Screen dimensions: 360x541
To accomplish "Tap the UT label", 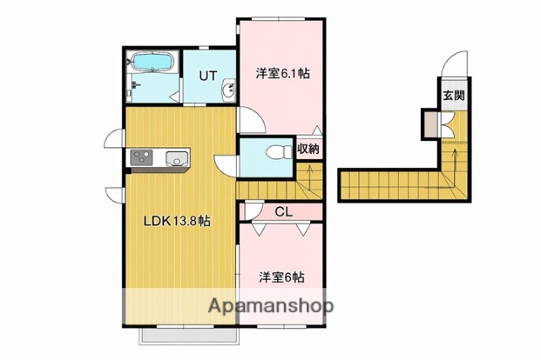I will (209, 75).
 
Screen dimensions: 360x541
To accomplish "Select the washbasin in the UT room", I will (227, 90).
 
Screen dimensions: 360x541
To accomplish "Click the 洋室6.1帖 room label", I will (282, 74).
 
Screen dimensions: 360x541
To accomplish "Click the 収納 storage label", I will (308, 150).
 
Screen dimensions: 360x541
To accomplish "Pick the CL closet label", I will (283, 211).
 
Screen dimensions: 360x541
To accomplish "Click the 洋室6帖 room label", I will (281, 276).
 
